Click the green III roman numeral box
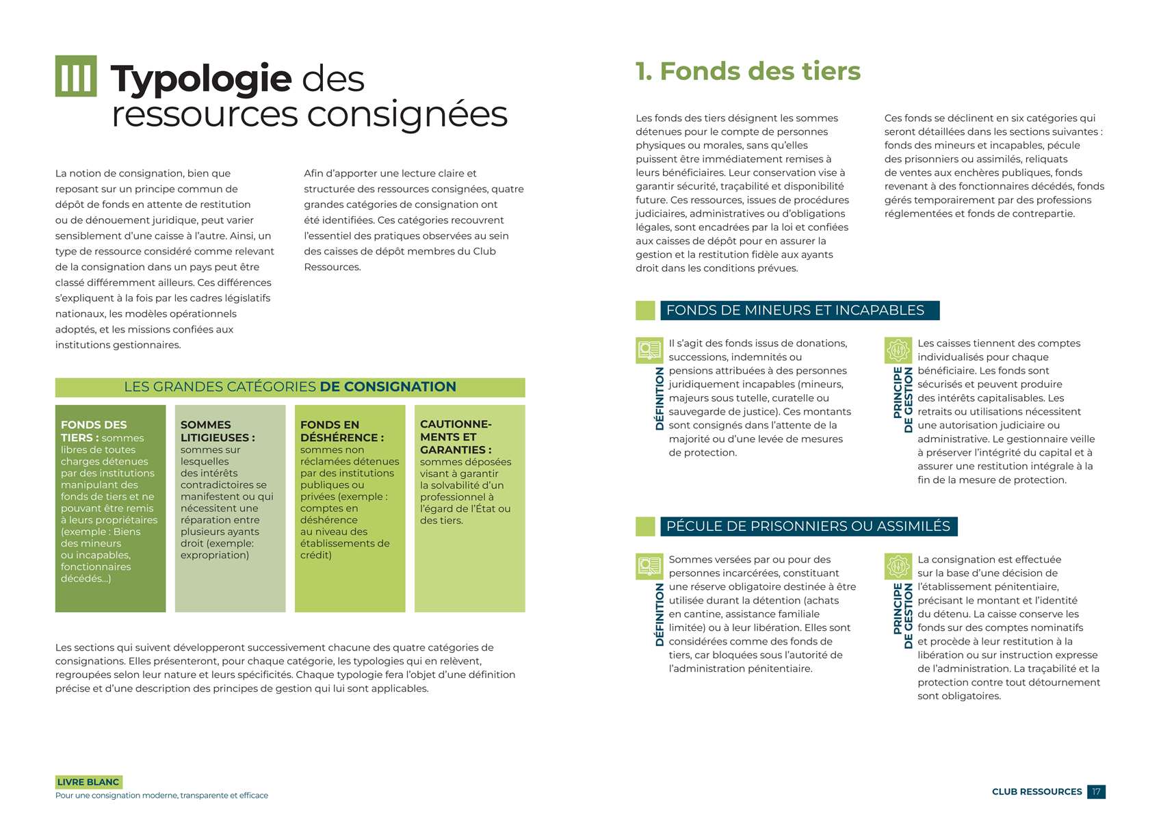(76, 76)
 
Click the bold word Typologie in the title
(201, 79)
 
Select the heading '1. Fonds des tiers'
(748, 71)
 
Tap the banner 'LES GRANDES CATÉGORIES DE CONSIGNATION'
(290, 387)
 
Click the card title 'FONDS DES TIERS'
(94, 431)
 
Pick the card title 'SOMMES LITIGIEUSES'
(217, 431)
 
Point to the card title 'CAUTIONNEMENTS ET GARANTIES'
(456, 436)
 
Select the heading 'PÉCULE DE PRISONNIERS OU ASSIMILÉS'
(808, 527)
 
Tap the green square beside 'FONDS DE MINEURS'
(645, 311)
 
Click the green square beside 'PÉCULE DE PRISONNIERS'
(645, 527)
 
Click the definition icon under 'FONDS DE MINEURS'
(649, 350)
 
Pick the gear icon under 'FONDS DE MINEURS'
(898, 350)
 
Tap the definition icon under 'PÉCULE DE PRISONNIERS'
(649, 566)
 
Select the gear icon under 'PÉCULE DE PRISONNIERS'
(898, 566)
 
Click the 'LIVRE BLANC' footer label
(88, 782)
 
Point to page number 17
(1096, 792)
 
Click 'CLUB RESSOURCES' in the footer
(1036, 792)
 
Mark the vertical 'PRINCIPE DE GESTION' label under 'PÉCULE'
(903, 616)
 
